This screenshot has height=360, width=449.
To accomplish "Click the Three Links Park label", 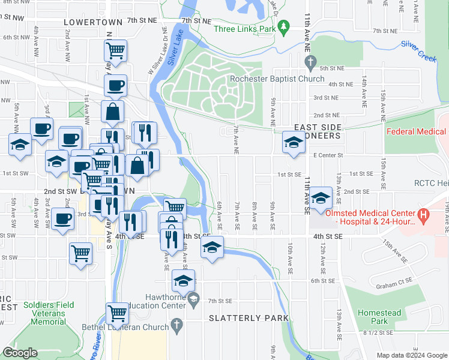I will tap(246, 29).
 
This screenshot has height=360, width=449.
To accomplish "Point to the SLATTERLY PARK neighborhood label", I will tap(249, 318).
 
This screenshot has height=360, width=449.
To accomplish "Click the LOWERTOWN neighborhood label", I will tap(92, 22).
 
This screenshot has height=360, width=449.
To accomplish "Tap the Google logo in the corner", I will tap(20, 353).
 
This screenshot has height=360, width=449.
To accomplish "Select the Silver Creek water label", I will tap(418, 46).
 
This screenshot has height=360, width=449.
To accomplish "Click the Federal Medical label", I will tap(417, 132).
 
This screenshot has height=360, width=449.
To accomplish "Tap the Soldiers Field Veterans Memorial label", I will tap(49, 313).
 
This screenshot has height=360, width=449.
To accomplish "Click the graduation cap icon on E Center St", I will tap(293, 142).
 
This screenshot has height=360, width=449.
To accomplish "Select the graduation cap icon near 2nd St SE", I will tap(321, 197).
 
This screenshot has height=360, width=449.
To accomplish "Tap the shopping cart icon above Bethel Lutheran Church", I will tap(116, 313).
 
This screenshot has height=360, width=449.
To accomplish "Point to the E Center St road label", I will tap(327, 155).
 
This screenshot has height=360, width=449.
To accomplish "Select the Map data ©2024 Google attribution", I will tap(412, 355).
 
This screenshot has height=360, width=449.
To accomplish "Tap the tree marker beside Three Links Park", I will tap(286, 28).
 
